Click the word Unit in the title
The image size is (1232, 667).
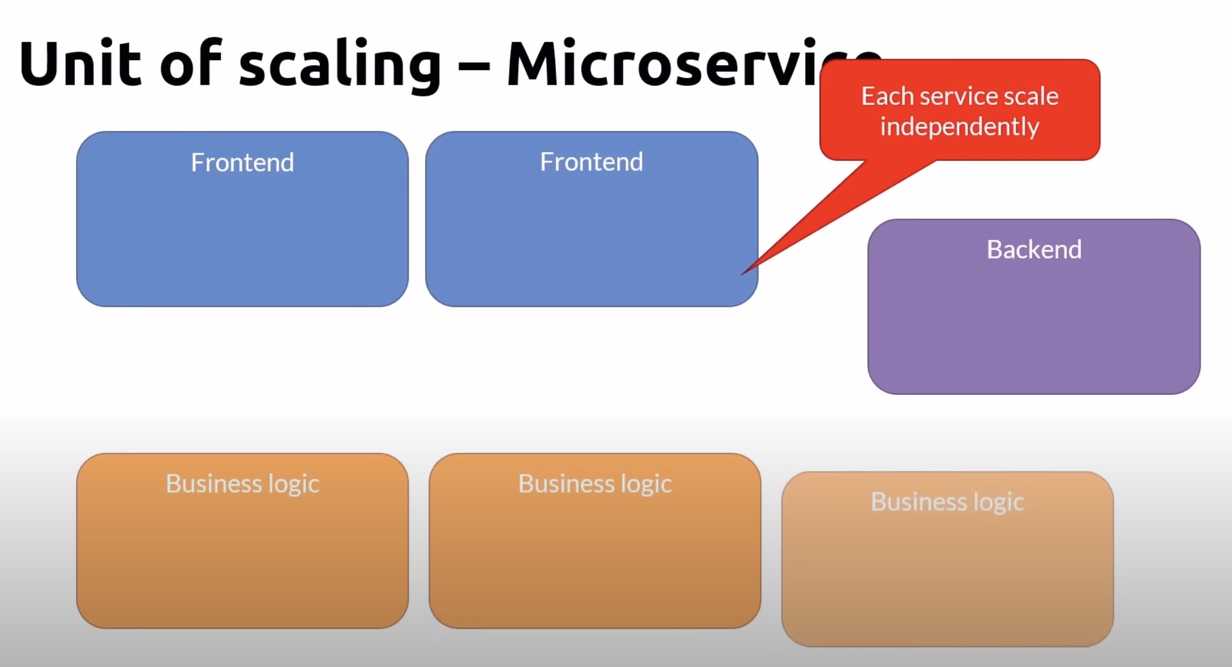[80, 63]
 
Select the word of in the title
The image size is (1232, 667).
[190, 63]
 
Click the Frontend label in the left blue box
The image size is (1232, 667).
[242, 162]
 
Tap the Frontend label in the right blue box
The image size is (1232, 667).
[591, 162]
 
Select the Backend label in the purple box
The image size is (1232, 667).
[1034, 249]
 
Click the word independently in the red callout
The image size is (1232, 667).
[960, 127]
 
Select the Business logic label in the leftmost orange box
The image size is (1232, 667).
[242, 483]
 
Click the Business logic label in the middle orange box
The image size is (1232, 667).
[595, 483]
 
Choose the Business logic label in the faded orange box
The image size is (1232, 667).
[947, 502]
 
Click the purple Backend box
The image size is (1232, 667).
[1034, 325]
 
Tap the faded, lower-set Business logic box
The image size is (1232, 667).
[947, 574]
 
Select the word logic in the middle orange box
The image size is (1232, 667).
[646, 484]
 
